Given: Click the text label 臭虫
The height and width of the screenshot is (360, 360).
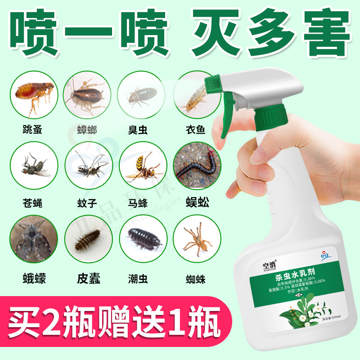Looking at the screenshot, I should tap(138, 130).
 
